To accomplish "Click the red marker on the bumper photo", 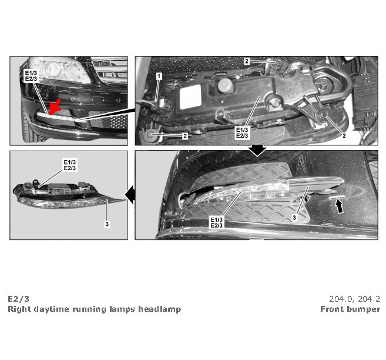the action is tap(55, 107).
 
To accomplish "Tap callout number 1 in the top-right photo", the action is tap(159, 76).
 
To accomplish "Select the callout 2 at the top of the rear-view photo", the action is tap(247, 61).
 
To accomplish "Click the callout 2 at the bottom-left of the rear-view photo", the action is tap(185, 136).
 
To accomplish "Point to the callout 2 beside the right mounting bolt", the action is tap(344, 136).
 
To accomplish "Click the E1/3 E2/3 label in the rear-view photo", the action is tap(242, 133).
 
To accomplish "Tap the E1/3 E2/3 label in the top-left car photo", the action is tap(31, 76).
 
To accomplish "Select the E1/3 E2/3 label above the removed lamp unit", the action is tap(70, 165).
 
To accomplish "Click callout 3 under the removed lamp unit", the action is tap(107, 224).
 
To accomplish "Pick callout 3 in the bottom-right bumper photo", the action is tap(294, 218).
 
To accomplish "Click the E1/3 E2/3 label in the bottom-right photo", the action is tap(216, 222).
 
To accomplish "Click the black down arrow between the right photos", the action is tap(257, 151).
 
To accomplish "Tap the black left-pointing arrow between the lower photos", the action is tap(130, 195).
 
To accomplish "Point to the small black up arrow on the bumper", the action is tap(340, 206).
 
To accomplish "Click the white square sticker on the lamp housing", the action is tap(190, 97).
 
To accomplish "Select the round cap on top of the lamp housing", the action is tap(225, 85).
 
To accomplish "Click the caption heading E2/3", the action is tap(18, 299).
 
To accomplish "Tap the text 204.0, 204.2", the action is tap(354, 299).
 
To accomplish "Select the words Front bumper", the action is tap(350, 309).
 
